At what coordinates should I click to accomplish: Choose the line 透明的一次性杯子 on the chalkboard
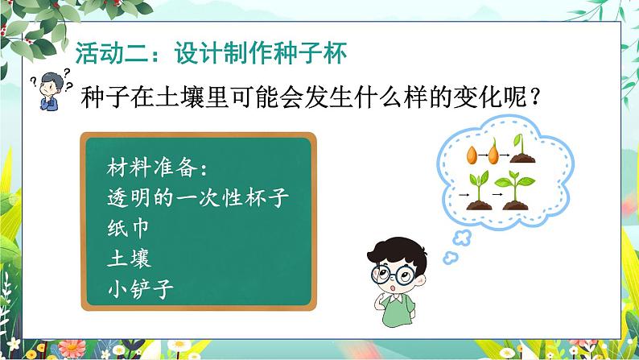pyautogui.click(x=196, y=198)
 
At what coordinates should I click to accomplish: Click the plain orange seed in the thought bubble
pyautogui.click(x=472, y=157)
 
